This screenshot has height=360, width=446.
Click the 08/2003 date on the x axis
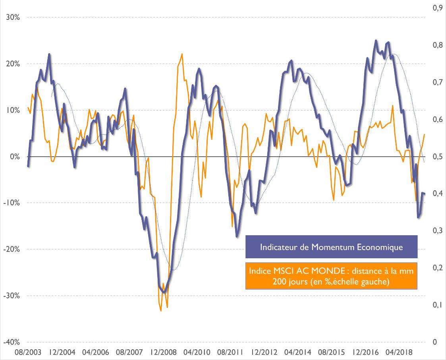27,352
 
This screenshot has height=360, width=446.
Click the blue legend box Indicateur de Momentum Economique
331,247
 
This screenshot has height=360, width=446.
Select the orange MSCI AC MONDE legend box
331,276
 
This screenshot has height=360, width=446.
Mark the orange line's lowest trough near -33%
161,311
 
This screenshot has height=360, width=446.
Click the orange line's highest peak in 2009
182,54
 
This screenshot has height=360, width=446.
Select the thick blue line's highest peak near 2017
376,41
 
